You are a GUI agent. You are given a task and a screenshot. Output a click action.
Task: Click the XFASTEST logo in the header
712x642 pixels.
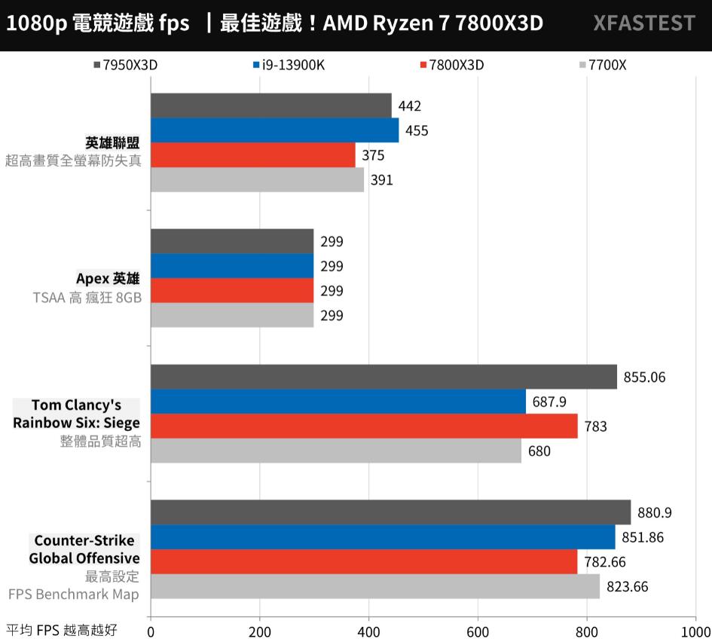[x=643, y=23]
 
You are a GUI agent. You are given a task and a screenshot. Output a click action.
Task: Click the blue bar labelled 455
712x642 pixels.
[x=274, y=130]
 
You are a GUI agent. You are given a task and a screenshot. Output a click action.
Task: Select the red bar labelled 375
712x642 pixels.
[x=253, y=155]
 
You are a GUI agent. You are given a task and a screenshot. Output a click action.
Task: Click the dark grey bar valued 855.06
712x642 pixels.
[x=384, y=377]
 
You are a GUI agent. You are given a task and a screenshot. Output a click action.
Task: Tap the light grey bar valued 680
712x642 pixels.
[x=336, y=451]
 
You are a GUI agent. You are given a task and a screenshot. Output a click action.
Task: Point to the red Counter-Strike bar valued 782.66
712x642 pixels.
[x=364, y=561]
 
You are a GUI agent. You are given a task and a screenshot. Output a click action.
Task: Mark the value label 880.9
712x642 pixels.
[x=654, y=513]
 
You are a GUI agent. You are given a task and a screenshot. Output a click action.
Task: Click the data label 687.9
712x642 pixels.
[x=549, y=402]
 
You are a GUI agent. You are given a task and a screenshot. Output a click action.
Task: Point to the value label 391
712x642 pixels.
[x=381, y=180]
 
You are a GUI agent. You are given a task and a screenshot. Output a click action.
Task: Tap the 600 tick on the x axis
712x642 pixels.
[x=478, y=631]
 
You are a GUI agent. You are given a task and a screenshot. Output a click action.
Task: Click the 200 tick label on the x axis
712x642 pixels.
[x=259, y=631]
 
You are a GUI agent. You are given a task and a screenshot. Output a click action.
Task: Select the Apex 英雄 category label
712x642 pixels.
[x=108, y=279]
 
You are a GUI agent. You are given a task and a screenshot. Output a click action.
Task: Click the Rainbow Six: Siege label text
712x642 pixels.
[x=76, y=423]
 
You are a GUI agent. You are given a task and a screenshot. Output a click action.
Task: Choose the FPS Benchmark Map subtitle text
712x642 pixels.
[x=74, y=595]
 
